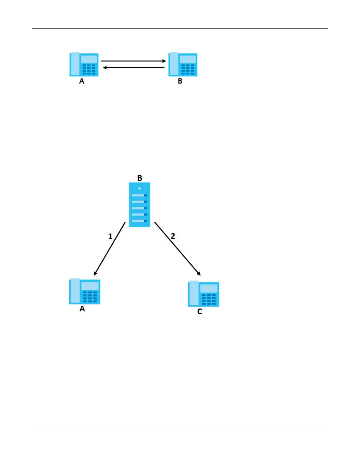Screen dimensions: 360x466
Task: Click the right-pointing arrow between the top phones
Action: [134, 61]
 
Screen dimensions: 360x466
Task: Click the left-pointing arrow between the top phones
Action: [134, 68]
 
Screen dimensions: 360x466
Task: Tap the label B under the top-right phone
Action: [180, 81]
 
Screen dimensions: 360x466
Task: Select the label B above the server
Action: [140, 178]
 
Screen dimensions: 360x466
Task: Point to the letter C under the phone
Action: [200, 312]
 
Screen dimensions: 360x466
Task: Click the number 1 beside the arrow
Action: [110, 236]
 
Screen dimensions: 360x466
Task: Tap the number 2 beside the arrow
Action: [173, 236]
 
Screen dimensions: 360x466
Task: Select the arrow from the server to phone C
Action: [177, 249]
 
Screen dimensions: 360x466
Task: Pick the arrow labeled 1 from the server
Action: [110, 249]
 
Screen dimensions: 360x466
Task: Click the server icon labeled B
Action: [139, 205]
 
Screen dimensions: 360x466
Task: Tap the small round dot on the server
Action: [139, 188]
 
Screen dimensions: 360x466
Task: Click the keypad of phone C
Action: [209, 299]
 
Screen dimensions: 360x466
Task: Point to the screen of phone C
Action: [209, 288]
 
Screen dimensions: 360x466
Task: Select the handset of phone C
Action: [194, 293]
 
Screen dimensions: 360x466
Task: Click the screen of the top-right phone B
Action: [188, 59]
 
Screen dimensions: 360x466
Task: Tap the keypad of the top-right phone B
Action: [188, 70]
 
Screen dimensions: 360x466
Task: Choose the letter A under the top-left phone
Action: [82, 81]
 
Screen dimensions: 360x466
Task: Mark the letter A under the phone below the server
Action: [82, 309]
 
